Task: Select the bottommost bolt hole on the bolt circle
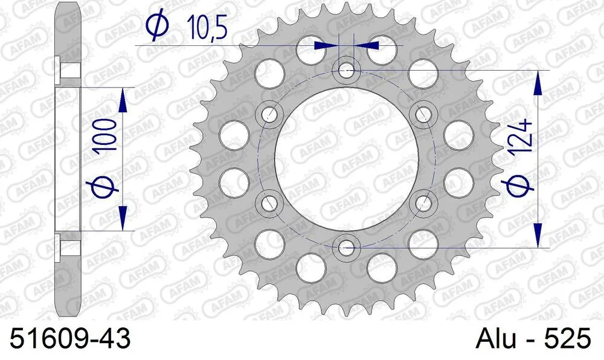tap(346, 246)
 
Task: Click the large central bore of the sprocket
tap(346, 158)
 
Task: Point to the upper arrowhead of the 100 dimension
tap(123, 100)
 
